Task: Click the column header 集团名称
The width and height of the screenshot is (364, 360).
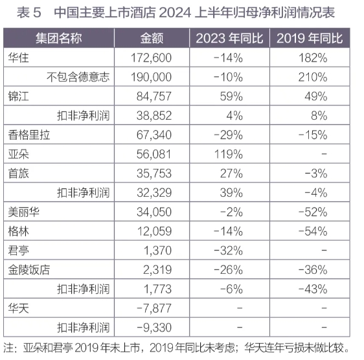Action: tap(59, 38)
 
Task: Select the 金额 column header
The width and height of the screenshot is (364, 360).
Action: tap(152, 38)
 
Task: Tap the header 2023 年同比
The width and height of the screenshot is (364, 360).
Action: tap(229, 38)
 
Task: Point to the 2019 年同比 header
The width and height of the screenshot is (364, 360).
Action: tap(310, 38)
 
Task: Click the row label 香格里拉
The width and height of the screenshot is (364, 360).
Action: tap(29, 135)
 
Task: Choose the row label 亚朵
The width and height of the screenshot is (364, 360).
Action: tap(19, 154)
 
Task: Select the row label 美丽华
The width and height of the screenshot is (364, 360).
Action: tap(24, 212)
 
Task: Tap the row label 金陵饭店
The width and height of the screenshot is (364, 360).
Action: tap(29, 270)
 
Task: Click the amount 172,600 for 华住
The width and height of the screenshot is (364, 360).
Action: tap(151, 58)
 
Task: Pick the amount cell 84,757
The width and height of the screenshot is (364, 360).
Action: tap(154, 96)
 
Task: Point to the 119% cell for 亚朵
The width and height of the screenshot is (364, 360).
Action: tap(229, 154)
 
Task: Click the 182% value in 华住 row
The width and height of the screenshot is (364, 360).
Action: tap(313, 58)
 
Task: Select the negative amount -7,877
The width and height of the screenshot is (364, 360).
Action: tap(154, 308)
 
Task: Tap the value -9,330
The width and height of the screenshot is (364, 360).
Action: tap(154, 328)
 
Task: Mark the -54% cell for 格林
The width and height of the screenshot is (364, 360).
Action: tap(313, 231)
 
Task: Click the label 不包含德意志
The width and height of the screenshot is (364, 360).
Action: tap(78, 77)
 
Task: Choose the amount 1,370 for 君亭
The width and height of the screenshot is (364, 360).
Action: tap(157, 251)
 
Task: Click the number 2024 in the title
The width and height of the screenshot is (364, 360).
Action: tap(176, 12)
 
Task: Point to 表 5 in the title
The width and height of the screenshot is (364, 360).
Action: tap(29, 12)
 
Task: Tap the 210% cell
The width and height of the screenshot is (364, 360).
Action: tap(313, 77)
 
